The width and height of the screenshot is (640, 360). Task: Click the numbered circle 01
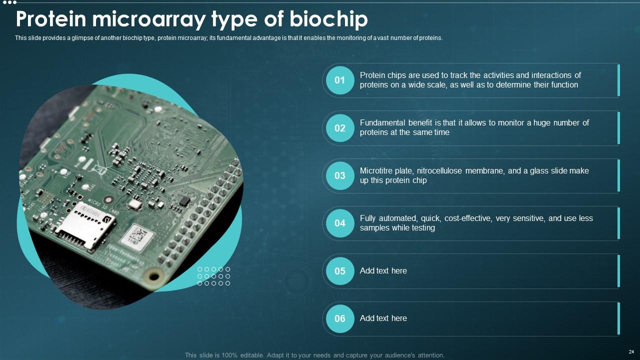(x=340, y=80)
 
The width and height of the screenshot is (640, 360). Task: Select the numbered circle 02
(x=340, y=128)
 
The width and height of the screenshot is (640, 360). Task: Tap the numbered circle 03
(x=340, y=175)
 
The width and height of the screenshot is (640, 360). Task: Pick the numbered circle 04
(x=340, y=223)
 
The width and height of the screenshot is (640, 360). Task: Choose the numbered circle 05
(x=340, y=271)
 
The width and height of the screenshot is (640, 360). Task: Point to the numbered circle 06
(x=340, y=318)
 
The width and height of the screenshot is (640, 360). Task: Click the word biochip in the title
(x=328, y=19)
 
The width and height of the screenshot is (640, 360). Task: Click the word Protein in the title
(x=51, y=19)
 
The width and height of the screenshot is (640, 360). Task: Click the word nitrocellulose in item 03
(x=439, y=170)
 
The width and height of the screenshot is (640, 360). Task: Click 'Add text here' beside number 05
(x=383, y=270)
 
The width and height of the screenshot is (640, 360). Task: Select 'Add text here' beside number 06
(x=383, y=318)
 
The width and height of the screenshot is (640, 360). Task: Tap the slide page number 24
(x=631, y=351)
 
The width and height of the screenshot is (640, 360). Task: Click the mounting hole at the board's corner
(x=154, y=276)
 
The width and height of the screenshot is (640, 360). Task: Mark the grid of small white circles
(x=213, y=276)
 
